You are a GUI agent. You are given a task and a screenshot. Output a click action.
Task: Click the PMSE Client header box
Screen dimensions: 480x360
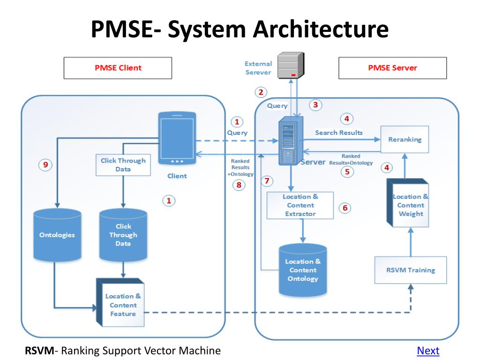click(x=118, y=68)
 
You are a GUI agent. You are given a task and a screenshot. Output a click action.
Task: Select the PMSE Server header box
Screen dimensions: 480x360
click(x=392, y=68)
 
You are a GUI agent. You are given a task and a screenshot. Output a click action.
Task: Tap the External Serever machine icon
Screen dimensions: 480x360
click(x=291, y=65)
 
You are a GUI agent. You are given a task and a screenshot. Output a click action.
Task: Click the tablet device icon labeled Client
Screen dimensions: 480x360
click(x=177, y=138)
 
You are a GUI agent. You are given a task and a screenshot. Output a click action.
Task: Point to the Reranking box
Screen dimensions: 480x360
click(x=405, y=139)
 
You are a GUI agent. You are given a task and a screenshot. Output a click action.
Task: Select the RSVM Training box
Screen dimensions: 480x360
click(x=411, y=270)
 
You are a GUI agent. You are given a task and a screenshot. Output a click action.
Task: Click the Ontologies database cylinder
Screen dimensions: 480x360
click(x=57, y=235)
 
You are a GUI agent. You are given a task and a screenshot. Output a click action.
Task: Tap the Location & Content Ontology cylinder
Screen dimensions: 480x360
click(x=303, y=270)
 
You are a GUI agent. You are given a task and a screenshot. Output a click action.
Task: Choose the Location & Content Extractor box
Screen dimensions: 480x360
click(x=300, y=205)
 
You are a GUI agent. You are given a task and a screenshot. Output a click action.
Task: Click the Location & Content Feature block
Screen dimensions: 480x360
click(x=120, y=302)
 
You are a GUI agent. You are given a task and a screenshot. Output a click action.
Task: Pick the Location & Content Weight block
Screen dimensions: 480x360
click(x=408, y=202)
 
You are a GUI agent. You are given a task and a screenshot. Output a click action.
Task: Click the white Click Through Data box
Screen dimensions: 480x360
click(x=123, y=165)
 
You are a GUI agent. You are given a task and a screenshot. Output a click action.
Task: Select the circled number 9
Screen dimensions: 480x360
click(x=45, y=165)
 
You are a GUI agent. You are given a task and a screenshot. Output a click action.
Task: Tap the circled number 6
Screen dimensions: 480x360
click(x=345, y=208)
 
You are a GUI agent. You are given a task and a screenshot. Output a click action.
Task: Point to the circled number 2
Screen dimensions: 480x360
click(x=261, y=92)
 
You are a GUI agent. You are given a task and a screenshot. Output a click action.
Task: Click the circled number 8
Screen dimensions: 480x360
click(x=239, y=185)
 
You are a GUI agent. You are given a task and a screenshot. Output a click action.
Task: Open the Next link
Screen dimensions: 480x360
click(x=428, y=351)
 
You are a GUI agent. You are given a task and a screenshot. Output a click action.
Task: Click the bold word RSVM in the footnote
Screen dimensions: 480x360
click(x=39, y=351)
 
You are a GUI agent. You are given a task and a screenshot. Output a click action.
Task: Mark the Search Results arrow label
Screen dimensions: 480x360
click(x=339, y=133)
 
